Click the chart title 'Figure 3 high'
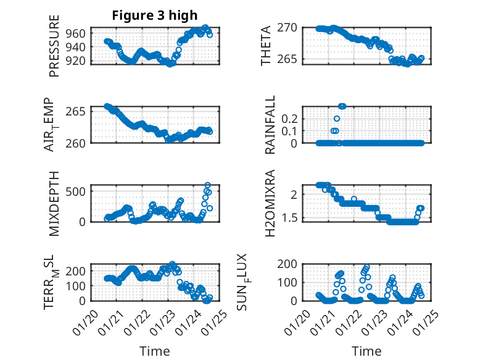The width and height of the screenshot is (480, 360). coord(155,15)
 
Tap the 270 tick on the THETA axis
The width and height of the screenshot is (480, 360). coord(290,27)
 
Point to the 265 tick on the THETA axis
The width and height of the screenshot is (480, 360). coord(290,59)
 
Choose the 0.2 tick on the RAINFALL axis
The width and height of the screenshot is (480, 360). coord(290,118)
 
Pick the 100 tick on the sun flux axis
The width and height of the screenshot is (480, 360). coord(290,282)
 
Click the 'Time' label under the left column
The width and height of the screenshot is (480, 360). coord(155,351)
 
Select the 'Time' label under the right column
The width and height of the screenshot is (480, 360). coord(366,351)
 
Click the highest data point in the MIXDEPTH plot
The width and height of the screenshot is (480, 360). coord(207,185)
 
